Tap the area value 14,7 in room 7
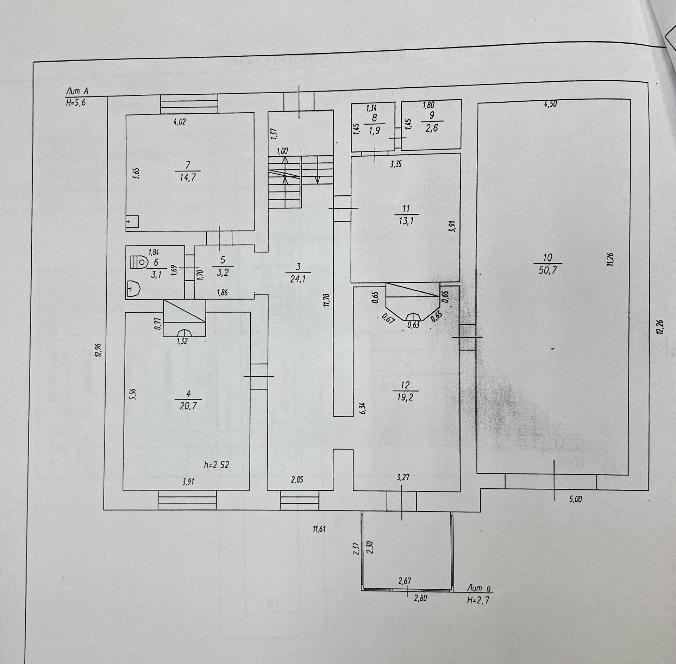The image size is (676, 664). (188, 177)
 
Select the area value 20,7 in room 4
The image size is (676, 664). (188, 406)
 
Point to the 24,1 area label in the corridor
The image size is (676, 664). (298, 279)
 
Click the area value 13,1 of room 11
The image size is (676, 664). (406, 221)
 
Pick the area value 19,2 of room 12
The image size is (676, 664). (405, 397)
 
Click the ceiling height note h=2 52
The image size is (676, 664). (217, 465)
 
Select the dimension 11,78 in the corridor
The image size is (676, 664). (326, 300)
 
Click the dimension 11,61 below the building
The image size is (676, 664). (319, 529)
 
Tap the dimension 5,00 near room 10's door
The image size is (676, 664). (575, 499)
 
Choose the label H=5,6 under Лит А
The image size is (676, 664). (76, 103)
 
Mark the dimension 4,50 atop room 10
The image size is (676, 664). (550, 104)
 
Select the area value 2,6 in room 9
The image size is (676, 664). (431, 129)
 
